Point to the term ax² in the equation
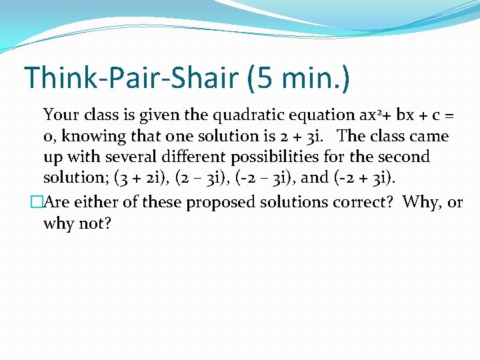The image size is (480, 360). coord(371,115)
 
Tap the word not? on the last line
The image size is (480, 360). coord(95,223)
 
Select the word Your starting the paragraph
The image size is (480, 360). coord(61,115)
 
